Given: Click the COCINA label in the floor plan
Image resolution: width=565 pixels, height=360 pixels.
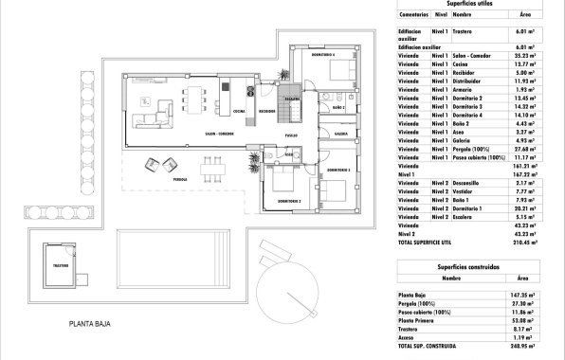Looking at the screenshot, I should coord(239,111).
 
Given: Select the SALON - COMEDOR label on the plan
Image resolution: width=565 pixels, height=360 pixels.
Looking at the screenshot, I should coord(219,135).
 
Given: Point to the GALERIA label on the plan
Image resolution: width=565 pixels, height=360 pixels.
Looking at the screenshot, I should coord(340,134).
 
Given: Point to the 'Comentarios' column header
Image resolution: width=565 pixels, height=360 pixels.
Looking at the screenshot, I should coord(413,15).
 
